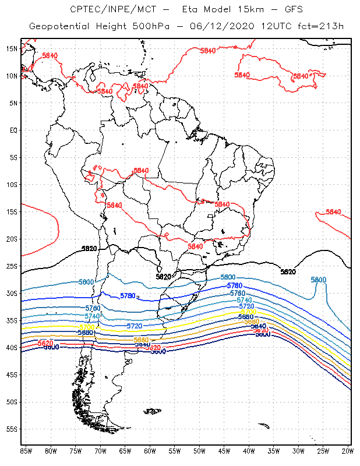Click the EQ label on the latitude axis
point(13,130)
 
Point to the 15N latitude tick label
point(12,48)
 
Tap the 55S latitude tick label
point(12,429)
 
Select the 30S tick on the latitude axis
point(12,293)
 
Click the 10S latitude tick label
point(12,184)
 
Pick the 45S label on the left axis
point(12,375)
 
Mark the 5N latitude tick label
point(13,103)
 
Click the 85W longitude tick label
point(26,451)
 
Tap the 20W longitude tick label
point(348,451)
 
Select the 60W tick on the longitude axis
point(150,451)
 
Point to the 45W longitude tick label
point(224,451)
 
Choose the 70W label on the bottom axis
point(100,451)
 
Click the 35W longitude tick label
point(274,451)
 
